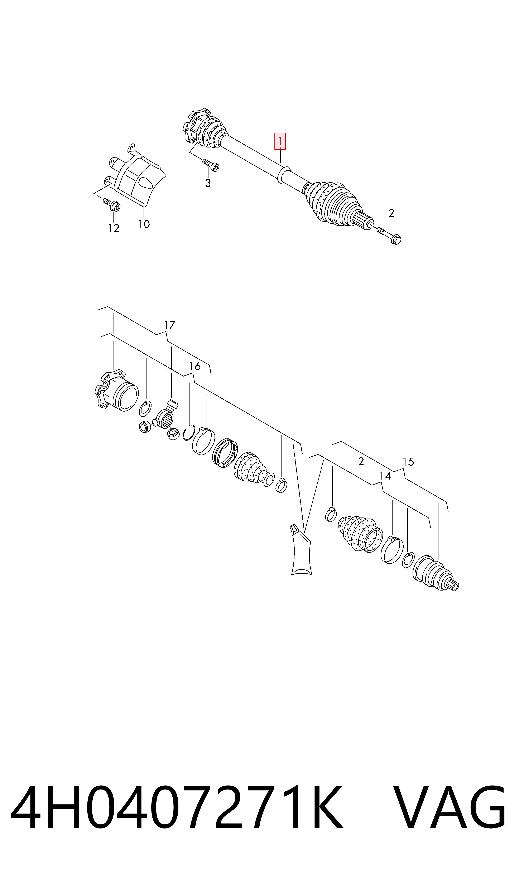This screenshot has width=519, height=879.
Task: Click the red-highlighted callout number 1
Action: [x=280, y=141]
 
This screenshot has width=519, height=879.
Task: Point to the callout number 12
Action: [x=114, y=228]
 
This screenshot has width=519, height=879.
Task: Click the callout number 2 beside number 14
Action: [x=361, y=462]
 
